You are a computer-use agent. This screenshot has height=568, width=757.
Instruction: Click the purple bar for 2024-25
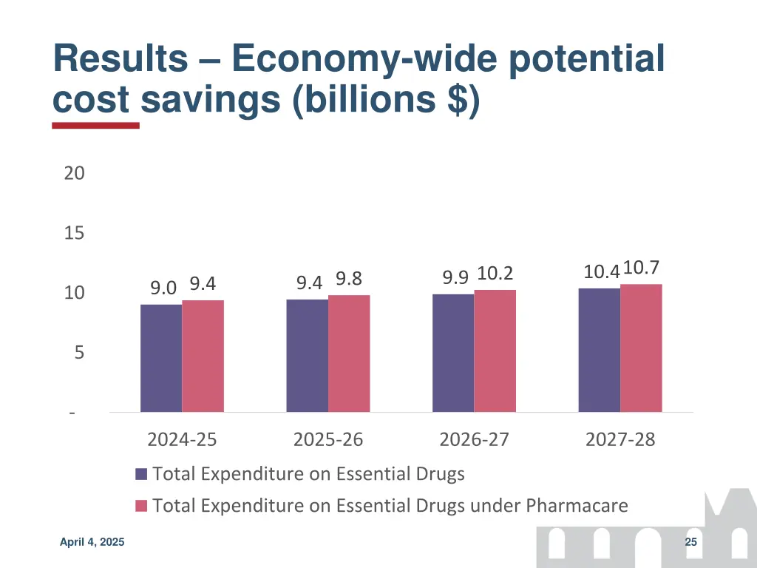coord(161,358)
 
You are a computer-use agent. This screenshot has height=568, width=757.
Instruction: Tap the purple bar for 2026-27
coord(453,353)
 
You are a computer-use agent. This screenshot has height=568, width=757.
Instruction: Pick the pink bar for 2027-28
coord(641,348)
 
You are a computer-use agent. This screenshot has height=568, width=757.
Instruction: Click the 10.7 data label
coord(641,268)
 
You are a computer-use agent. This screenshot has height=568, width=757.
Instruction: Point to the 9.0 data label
coord(163,288)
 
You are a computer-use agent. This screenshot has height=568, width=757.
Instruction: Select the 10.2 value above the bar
coord(495,274)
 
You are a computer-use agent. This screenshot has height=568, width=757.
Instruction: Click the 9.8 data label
coord(349,279)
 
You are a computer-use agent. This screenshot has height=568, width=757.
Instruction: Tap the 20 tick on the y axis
coord(74,174)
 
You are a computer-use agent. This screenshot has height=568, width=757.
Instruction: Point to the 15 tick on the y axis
coord(74,234)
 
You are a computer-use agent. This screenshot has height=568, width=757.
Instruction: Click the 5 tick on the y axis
coord(78,354)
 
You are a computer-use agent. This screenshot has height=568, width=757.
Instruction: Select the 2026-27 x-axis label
coord(474,440)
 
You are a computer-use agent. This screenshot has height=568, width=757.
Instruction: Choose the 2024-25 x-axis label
coord(182,440)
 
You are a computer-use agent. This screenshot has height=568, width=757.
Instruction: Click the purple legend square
coord(142,474)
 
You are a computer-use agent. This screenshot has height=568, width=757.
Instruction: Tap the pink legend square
coord(142,507)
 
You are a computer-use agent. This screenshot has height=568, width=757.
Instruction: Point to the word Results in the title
coord(120,59)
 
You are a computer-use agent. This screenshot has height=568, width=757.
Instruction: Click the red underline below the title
coord(95,126)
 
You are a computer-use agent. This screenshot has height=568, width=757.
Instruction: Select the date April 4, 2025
coord(92,543)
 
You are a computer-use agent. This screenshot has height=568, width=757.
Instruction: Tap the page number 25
coord(691,543)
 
